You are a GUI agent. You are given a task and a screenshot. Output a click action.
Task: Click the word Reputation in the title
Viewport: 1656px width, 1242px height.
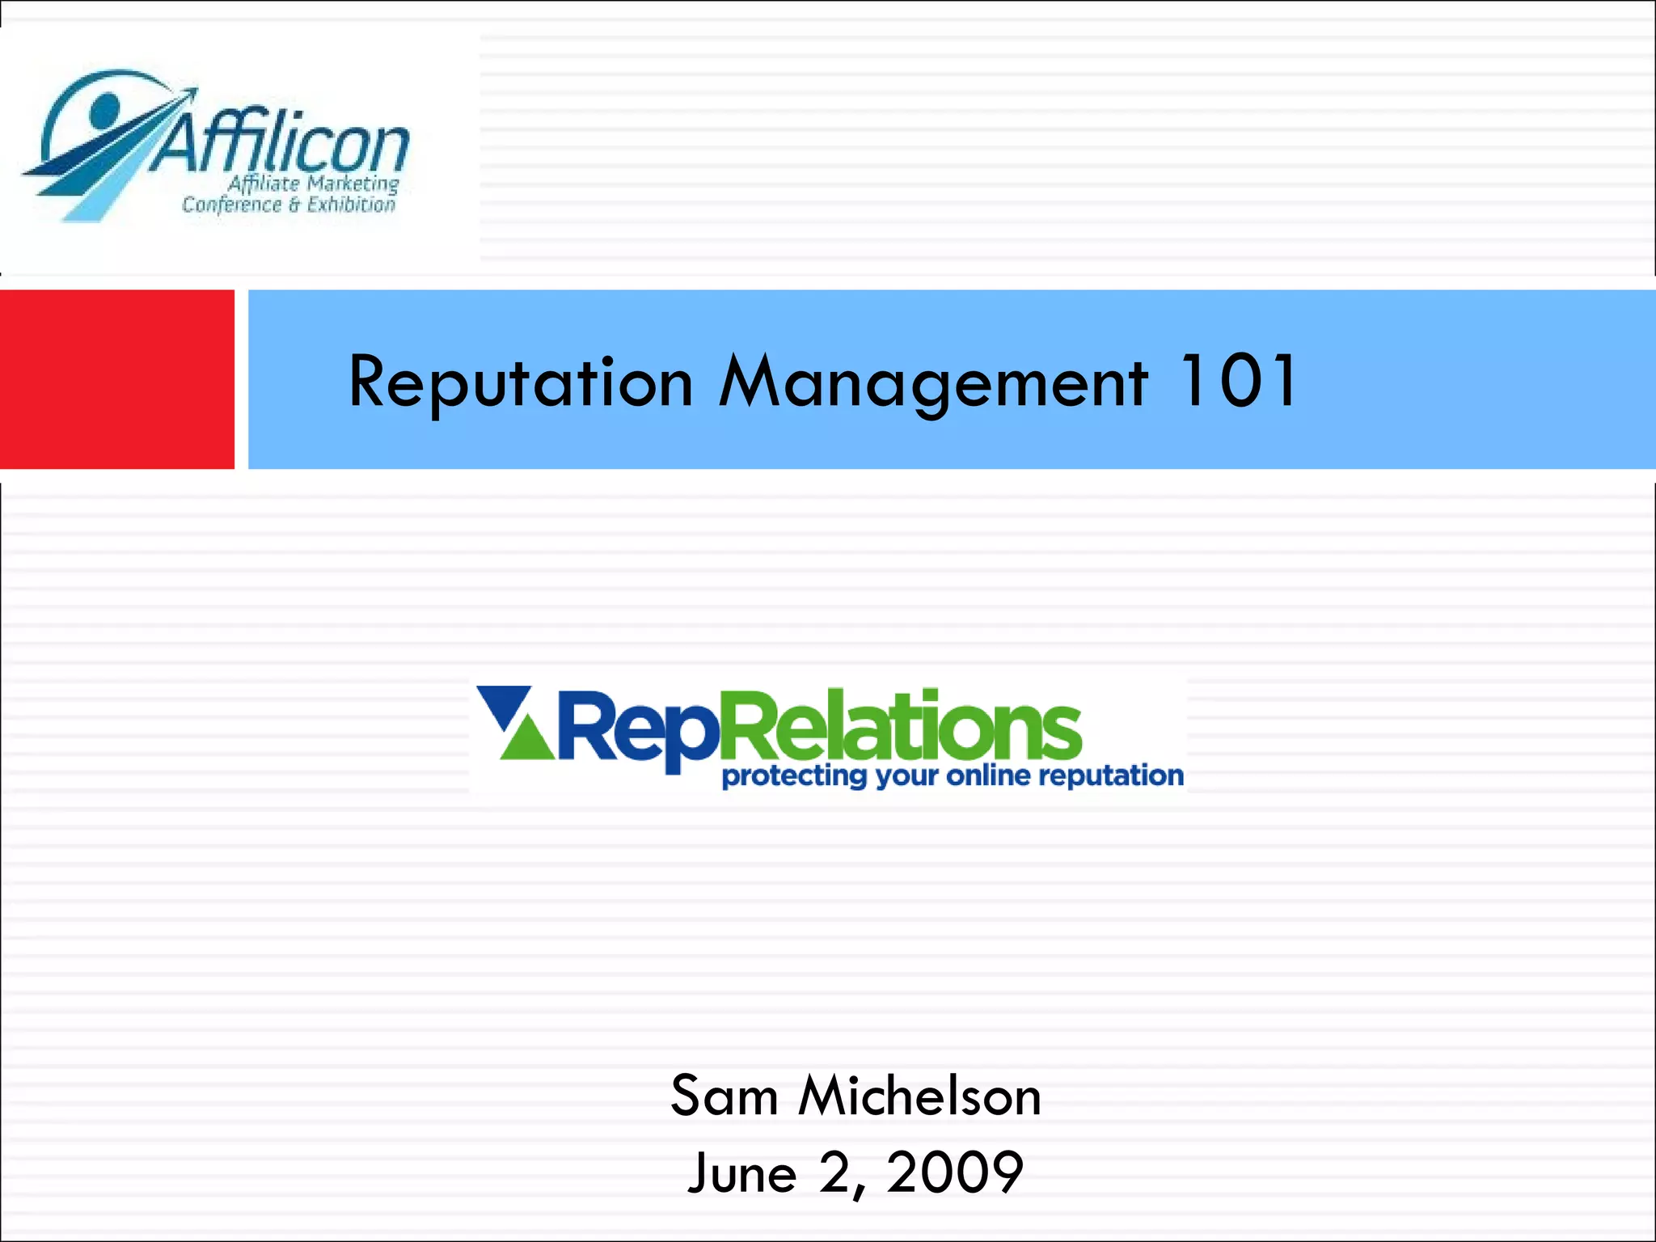[521, 382]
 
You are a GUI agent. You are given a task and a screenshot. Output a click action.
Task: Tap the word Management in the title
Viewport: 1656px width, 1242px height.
[933, 382]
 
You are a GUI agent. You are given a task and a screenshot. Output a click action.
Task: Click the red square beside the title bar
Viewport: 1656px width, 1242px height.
[116, 379]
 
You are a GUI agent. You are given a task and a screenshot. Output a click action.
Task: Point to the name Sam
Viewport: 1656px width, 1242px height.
[724, 1096]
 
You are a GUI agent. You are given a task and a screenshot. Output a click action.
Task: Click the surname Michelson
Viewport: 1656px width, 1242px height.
[919, 1096]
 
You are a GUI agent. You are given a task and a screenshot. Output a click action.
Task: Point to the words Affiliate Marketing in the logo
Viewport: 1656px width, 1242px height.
[313, 184]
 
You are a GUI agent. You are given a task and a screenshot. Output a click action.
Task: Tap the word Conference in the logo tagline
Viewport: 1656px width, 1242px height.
[231, 205]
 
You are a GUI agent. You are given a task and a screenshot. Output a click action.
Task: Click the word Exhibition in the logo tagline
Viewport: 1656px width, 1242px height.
[351, 205]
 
